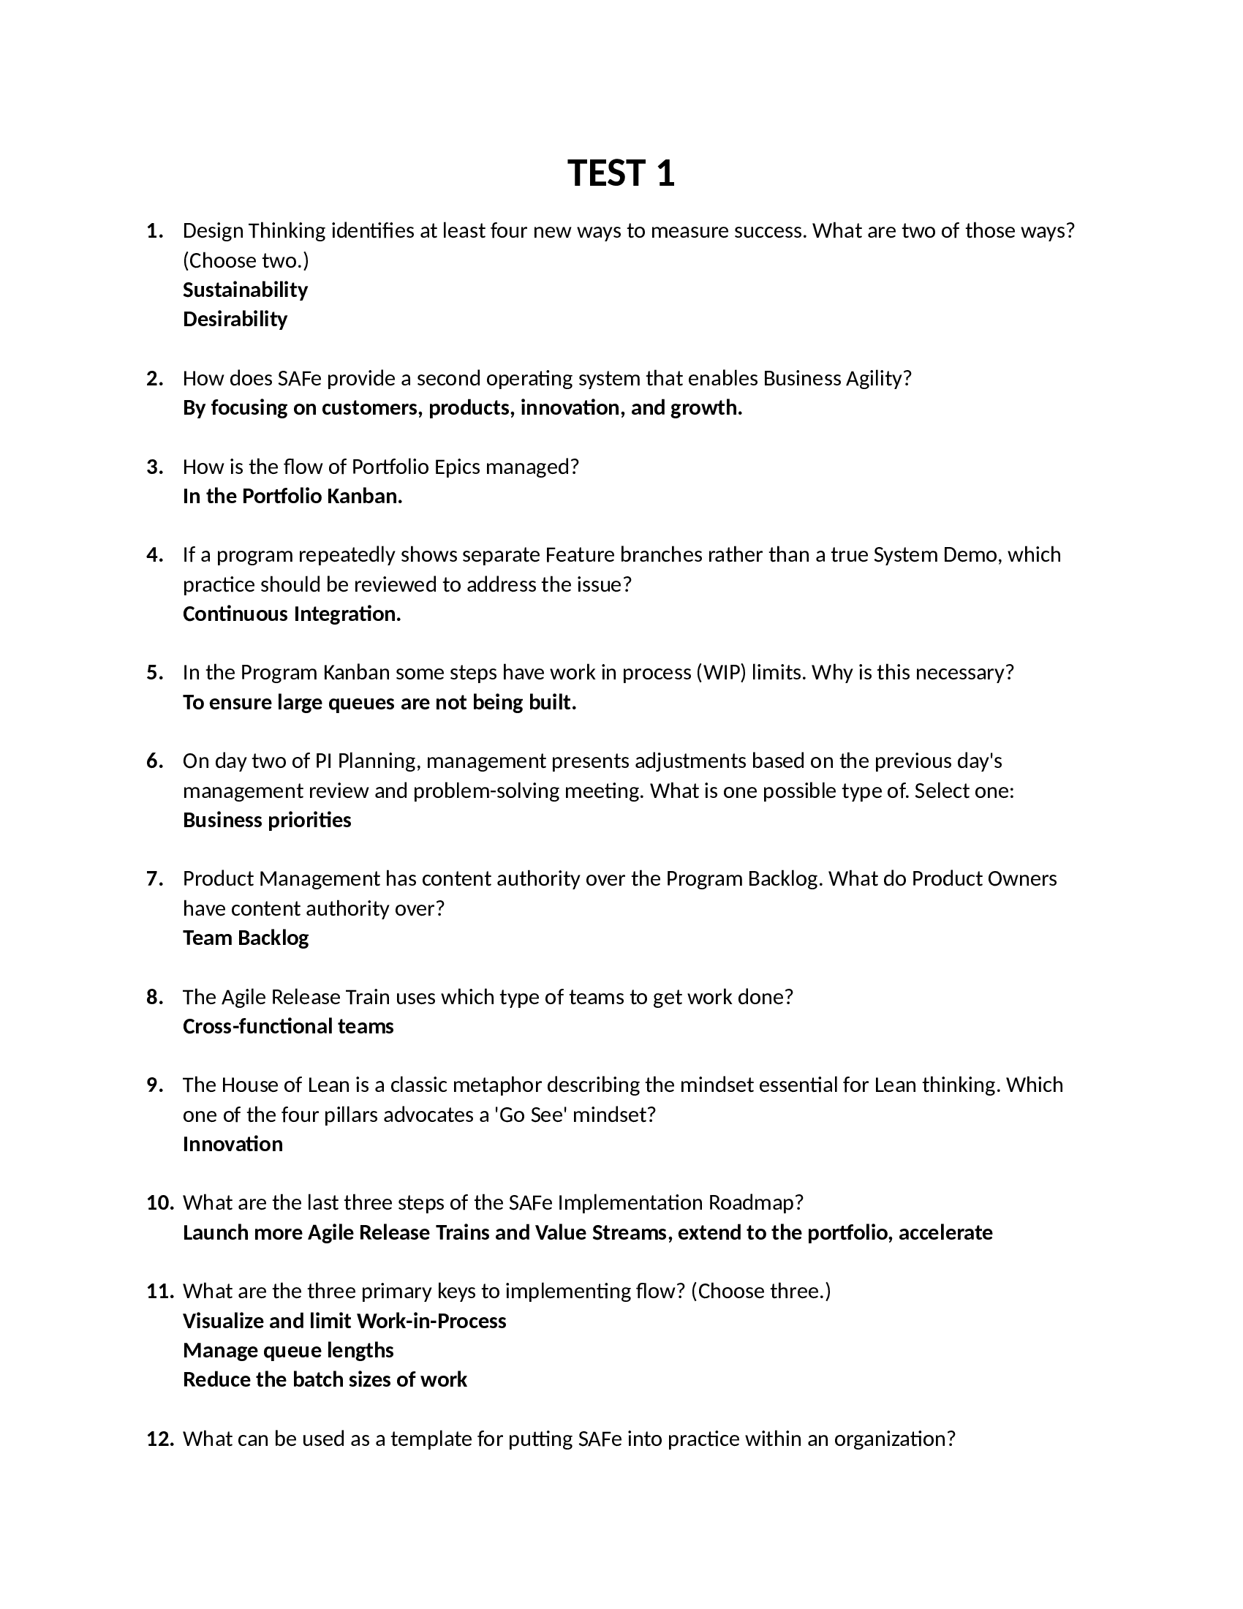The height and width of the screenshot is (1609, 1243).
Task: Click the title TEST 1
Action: (x=621, y=174)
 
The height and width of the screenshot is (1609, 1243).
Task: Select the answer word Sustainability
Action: (x=244, y=290)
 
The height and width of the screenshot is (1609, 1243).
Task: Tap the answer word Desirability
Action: (x=234, y=319)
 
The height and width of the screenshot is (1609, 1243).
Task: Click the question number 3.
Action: (x=154, y=467)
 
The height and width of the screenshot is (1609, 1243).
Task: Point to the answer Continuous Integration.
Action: (x=292, y=614)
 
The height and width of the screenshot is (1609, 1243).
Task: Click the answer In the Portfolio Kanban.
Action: (x=292, y=497)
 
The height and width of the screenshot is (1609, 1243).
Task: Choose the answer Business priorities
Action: (x=267, y=820)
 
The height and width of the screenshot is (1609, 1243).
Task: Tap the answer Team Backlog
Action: (x=245, y=938)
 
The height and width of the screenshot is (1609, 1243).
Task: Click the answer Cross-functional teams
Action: (x=288, y=1026)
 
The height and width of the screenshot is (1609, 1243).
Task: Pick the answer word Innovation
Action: (x=233, y=1144)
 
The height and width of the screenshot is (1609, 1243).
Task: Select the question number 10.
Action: (x=160, y=1203)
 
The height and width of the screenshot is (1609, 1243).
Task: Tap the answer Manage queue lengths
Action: (x=288, y=1350)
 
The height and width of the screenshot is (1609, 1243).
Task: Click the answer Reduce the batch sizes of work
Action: (x=325, y=1380)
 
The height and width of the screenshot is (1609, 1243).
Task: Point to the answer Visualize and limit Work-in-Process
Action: (x=344, y=1321)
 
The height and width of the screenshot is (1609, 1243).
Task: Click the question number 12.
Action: (x=160, y=1439)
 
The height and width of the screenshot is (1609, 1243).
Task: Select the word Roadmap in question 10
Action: (x=755, y=1203)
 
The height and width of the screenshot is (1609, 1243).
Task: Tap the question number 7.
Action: (x=154, y=879)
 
